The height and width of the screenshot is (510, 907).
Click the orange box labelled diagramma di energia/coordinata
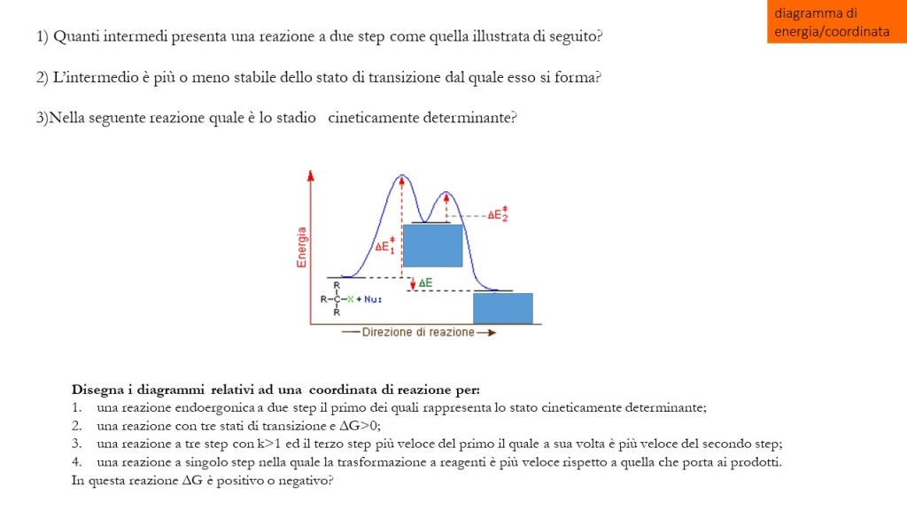point(836,22)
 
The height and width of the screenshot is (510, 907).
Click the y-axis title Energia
point(302,247)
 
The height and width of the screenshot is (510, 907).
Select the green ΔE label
point(426,282)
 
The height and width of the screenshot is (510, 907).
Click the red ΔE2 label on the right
point(498,214)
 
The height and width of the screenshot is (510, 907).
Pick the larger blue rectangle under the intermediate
point(432,245)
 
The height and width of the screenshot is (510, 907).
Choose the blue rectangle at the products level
point(502,308)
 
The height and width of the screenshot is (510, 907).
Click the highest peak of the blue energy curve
point(402,176)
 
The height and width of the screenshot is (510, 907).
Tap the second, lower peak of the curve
point(446,193)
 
